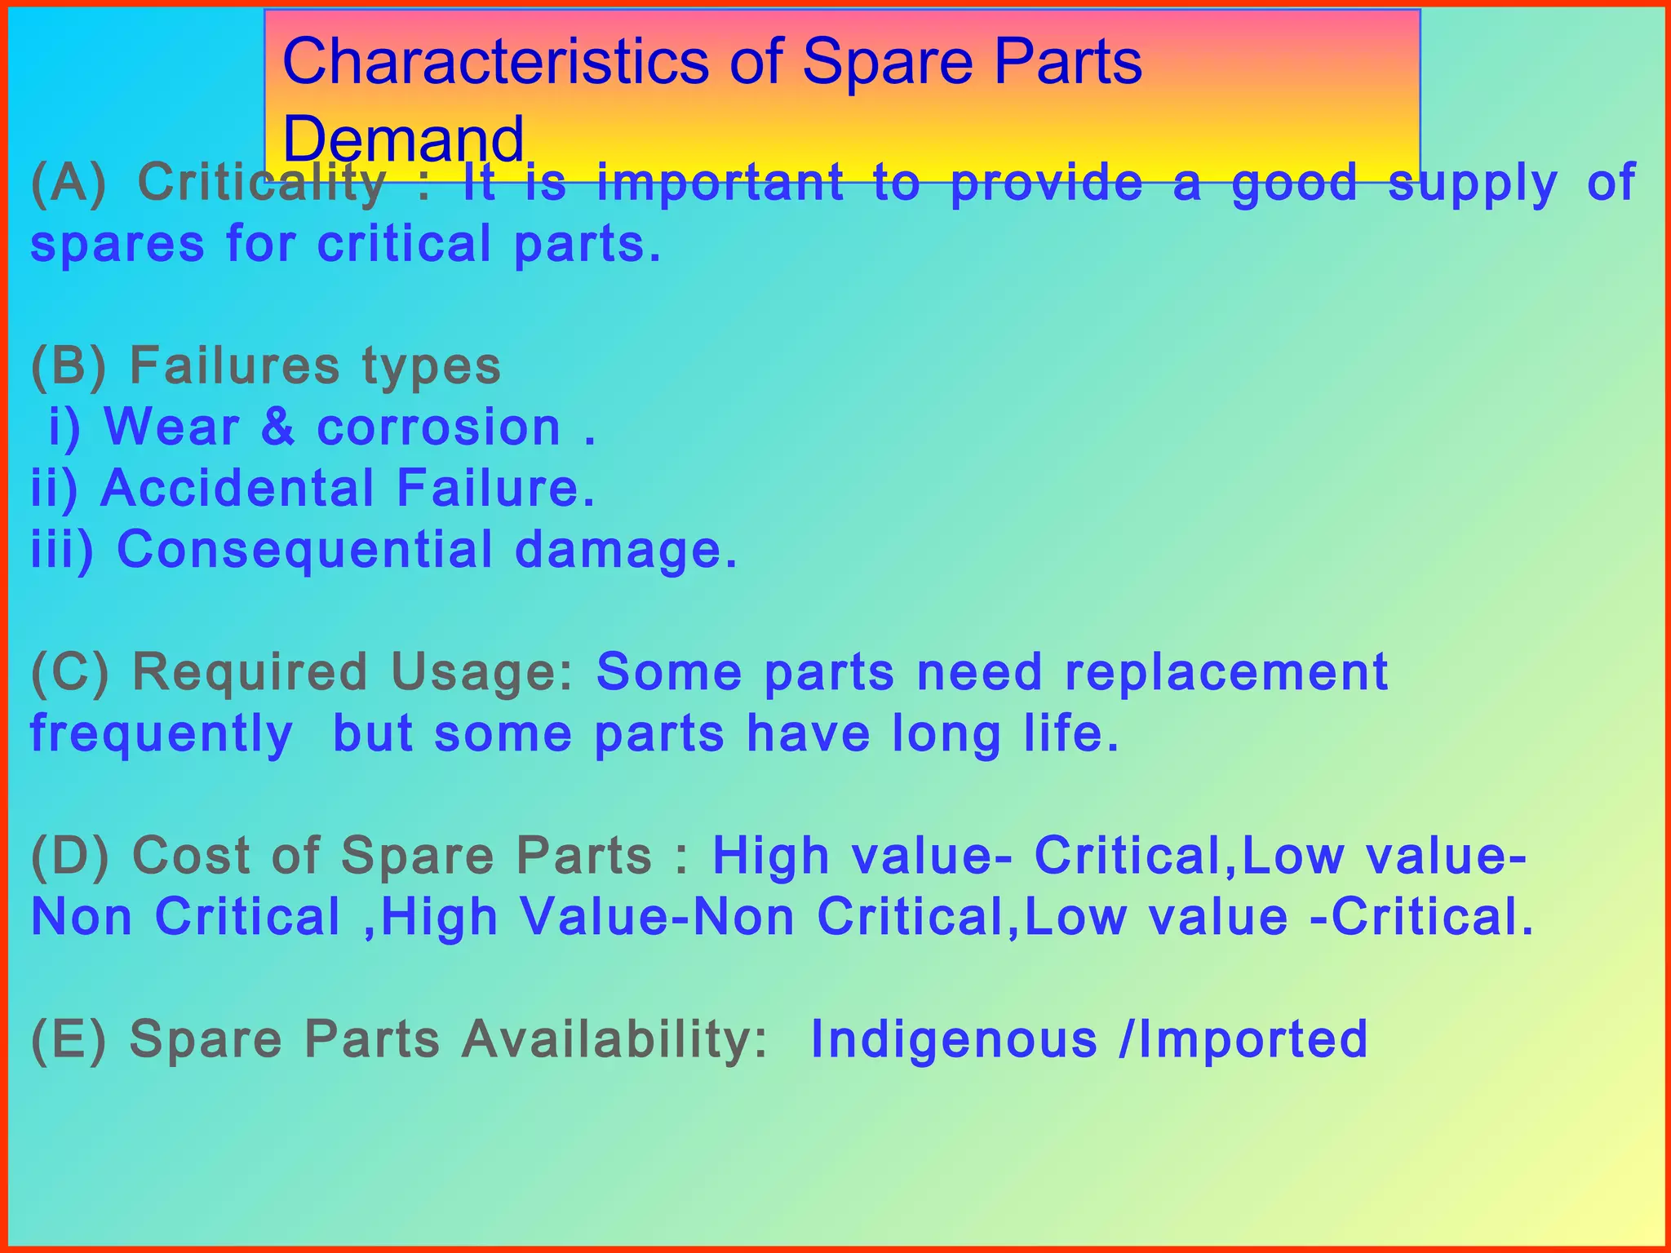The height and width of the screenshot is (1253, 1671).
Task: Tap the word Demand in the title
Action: (402, 139)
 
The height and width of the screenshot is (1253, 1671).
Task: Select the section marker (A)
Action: (69, 183)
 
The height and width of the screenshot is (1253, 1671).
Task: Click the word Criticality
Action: (261, 183)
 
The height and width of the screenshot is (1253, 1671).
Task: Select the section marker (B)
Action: (69, 366)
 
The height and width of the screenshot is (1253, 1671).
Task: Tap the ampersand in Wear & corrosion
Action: (278, 427)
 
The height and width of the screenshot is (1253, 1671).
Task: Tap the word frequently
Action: (162, 734)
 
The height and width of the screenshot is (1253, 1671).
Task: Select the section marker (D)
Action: (69, 857)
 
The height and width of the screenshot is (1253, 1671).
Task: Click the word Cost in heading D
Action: (190, 857)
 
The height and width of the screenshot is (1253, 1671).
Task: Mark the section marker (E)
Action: (69, 1040)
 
